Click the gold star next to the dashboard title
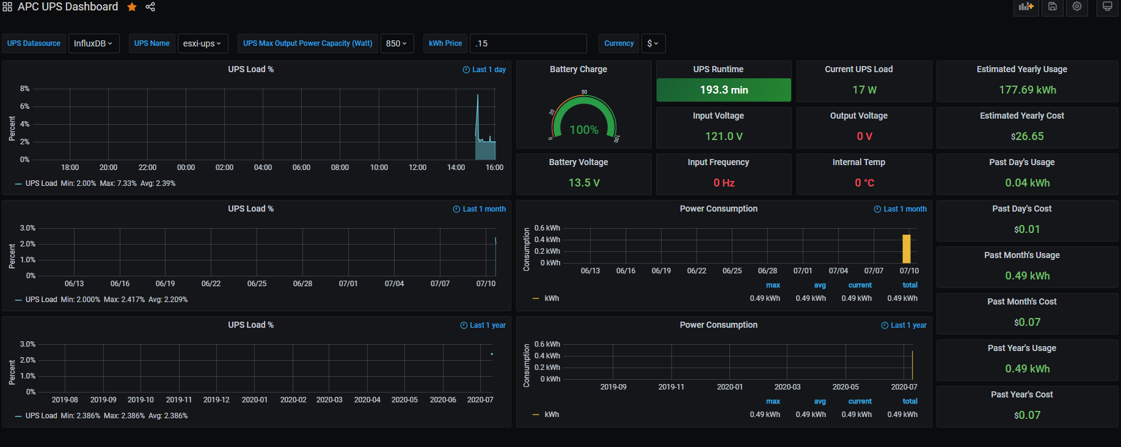tap(132, 7)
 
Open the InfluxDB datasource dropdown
tap(93, 43)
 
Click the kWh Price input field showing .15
tap(528, 43)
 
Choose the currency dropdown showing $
tap(653, 43)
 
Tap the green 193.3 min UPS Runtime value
tap(724, 90)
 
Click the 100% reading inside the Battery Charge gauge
tap(584, 130)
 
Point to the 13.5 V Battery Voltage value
tap(584, 183)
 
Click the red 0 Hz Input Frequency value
tap(724, 183)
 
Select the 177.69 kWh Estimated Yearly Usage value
tap(1028, 90)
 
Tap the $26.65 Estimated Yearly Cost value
tap(1028, 136)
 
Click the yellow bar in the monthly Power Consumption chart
tap(907, 249)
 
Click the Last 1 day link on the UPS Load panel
tap(484, 70)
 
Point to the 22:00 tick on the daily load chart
tap(147, 168)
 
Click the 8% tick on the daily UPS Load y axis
tap(24, 89)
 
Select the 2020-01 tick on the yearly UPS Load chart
tap(255, 400)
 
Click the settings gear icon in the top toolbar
tap(1077, 7)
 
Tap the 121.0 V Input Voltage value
tap(724, 136)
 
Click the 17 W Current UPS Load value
tap(864, 90)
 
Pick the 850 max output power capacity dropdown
tap(396, 43)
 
